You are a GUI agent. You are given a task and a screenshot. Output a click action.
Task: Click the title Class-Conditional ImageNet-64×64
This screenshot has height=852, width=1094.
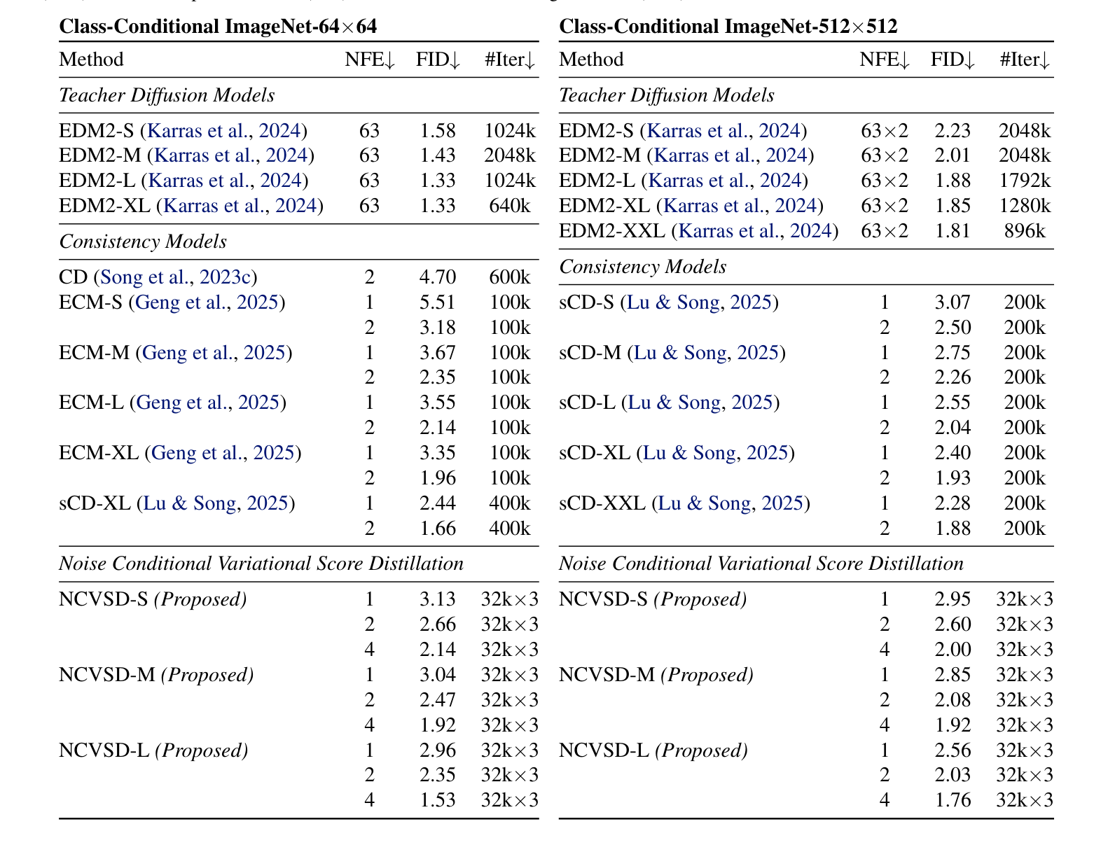point(218,27)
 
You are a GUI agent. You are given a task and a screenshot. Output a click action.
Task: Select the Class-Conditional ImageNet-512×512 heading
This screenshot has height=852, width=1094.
point(728,27)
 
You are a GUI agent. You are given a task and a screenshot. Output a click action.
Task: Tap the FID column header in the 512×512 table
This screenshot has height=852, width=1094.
point(953,60)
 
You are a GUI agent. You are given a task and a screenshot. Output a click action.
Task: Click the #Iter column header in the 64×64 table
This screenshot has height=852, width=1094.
point(510,60)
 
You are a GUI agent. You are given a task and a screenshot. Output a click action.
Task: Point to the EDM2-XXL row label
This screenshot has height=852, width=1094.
point(698,231)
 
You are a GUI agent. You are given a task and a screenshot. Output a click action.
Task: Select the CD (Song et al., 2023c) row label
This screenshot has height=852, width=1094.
point(158,277)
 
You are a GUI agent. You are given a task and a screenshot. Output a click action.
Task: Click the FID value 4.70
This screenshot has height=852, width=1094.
point(438,277)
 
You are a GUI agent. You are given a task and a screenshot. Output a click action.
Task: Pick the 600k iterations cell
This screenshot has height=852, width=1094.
point(510,277)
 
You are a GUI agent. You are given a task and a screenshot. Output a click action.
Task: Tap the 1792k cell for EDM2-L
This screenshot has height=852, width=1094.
point(1025,181)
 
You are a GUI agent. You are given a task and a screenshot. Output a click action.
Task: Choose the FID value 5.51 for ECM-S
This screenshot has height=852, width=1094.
point(438,302)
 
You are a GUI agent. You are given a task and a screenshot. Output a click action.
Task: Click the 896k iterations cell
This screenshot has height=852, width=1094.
point(1025,231)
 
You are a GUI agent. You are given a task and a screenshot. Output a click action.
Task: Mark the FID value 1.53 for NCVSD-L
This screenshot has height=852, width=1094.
point(438,800)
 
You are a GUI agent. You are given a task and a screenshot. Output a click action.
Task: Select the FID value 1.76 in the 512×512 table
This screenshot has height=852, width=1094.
point(953,800)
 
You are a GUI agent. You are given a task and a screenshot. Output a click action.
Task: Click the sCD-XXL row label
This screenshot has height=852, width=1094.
point(684,503)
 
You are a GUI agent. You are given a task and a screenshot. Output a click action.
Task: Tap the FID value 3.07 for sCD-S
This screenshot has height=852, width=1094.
point(953,302)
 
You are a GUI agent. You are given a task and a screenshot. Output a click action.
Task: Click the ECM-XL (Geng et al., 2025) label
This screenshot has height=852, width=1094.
point(180,453)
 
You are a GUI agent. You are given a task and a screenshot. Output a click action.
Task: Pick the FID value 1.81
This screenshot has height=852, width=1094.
point(953,231)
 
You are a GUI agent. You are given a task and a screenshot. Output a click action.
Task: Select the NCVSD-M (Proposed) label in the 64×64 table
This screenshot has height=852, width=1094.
point(156,675)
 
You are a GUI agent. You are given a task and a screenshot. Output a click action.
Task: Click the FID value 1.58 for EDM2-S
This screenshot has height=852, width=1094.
point(438,131)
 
